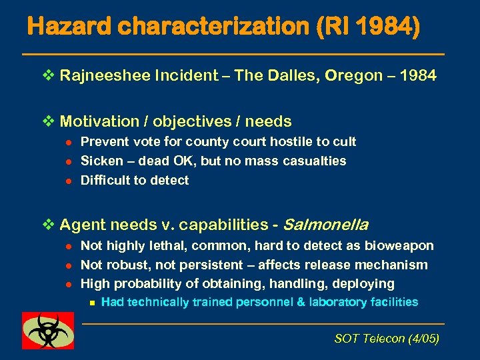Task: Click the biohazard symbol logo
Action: click(x=48, y=330)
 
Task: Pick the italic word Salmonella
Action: click(x=327, y=225)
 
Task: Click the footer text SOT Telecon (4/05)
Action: click(x=387, y=339)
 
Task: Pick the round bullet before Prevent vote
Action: click(x=67, y=142)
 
